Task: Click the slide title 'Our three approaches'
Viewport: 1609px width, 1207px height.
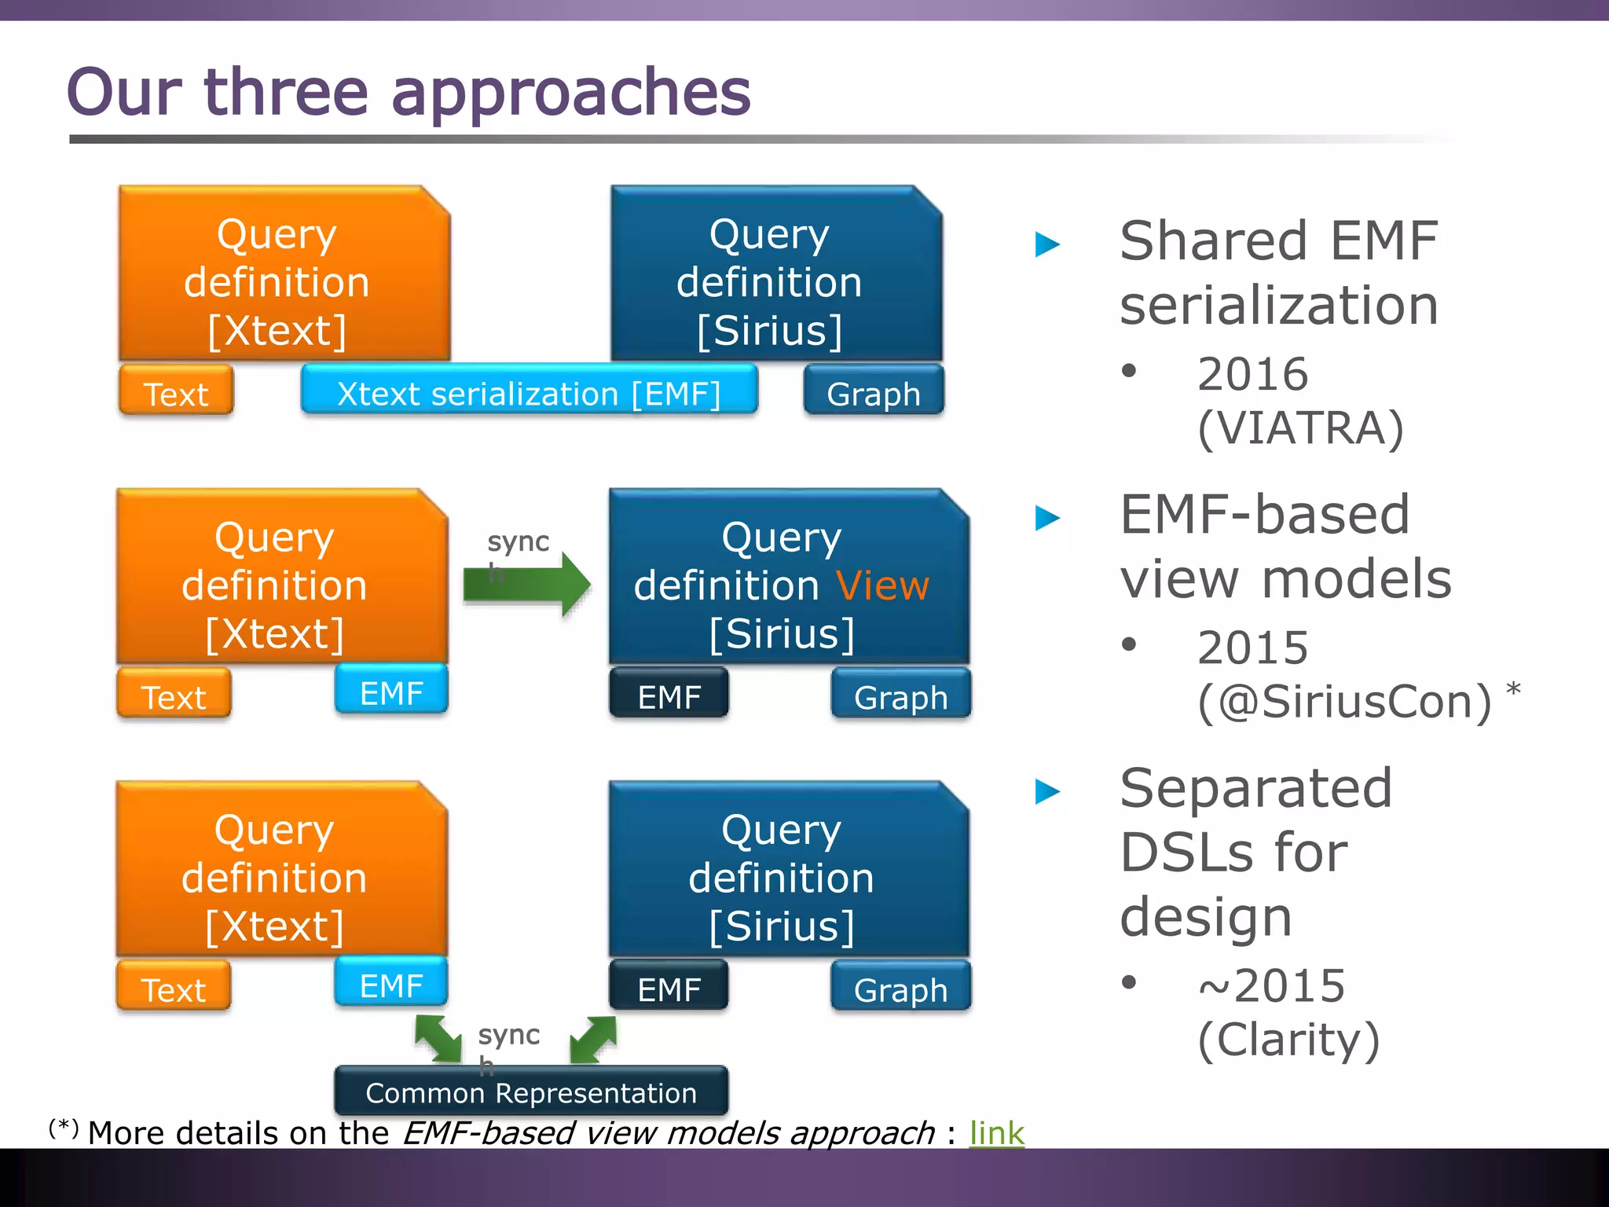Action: click(409, 93)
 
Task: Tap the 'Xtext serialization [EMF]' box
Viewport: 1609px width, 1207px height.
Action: click(529, 393)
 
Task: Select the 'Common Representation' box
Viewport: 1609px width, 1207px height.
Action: click(531, 1092)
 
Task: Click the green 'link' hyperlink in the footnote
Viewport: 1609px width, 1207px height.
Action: click(996, 1133)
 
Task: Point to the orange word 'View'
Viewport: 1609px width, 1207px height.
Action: click(882, 586)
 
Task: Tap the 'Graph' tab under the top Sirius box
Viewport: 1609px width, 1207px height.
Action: click(873, 393)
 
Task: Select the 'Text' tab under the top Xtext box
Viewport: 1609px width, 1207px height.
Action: click(176, 393)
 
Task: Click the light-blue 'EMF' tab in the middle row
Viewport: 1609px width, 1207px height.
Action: click(391, 692)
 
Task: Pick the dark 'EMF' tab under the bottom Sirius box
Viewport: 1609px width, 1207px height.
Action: click(669, 989)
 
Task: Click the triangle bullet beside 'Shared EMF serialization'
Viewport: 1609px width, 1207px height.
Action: click(1047, 244)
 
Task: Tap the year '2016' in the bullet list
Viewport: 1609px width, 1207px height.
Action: click(1252, 374)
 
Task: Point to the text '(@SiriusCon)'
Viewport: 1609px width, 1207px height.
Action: click(1343, 702)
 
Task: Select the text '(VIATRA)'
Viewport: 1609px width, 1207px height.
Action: click(1300, 428)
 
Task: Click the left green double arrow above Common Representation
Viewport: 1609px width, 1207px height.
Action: click(438, 1038)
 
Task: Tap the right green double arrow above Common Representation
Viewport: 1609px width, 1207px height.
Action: click(593, 1038)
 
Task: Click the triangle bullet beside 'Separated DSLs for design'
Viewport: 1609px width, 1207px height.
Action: click(1047, 791)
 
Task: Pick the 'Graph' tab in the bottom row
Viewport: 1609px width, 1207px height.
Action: click(900, 989)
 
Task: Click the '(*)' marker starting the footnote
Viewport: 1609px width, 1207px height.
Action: click(64, 1128)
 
